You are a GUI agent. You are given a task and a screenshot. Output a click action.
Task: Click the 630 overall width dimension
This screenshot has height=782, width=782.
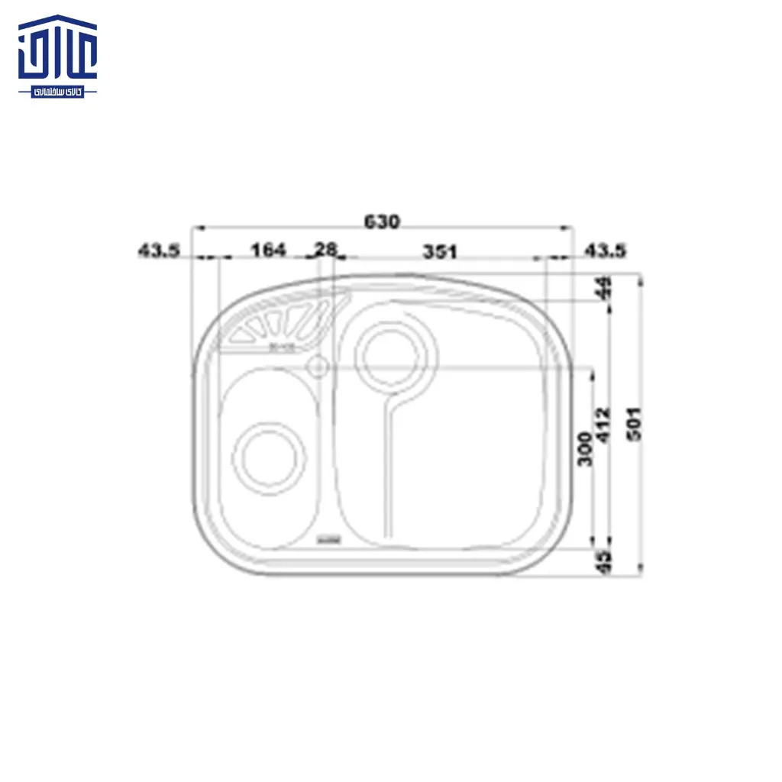pos(381,221)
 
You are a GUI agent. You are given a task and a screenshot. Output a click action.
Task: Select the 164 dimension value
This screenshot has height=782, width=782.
pos(267,250)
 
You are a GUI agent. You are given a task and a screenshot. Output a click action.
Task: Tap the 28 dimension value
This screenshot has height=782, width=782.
pos(326,250)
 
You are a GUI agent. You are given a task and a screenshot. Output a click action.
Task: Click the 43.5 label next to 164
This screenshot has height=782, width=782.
pos(158,250)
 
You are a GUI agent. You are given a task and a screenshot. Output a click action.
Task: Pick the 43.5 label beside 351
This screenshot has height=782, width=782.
pos(605,250)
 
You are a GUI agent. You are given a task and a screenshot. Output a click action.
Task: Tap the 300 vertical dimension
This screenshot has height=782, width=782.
pos(586,450)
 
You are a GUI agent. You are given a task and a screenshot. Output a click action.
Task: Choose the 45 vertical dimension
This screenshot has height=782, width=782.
pos(605,561)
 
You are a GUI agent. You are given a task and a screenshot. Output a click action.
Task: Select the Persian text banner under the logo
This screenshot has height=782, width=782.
pos(58,92)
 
